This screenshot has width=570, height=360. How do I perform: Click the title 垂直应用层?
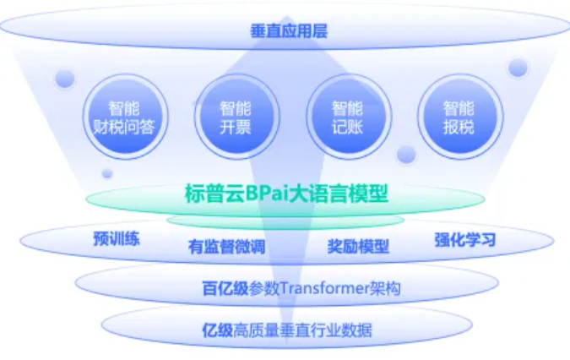click(289, 31)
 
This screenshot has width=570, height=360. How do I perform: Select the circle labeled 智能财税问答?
click(126, 117)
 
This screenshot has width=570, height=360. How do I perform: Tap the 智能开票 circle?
click(237, 117)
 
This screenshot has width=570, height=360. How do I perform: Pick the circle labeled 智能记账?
click(349, 117)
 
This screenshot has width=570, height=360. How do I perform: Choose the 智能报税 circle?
click(460, 117)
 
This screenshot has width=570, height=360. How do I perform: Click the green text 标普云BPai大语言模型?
click(286, 194)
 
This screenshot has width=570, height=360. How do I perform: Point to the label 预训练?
click(117, 238)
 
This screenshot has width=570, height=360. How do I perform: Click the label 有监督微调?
click(227, 247)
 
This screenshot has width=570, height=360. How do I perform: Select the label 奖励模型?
click(358, 246)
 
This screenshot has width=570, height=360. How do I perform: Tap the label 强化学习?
click(465, 240)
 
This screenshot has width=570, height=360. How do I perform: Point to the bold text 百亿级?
click(225, 288)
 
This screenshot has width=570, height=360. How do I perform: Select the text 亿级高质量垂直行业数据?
click(287, 330)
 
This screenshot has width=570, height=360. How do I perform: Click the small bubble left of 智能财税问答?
click(65, 79)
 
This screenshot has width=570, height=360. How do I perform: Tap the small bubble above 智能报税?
click(518, 68)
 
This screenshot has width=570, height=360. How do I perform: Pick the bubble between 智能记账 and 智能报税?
click(406, 154)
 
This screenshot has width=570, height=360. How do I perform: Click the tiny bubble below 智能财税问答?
click(107, 174)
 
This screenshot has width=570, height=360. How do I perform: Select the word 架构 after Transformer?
click(385, 288)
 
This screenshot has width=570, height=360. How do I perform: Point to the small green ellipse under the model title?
click(285, 221)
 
